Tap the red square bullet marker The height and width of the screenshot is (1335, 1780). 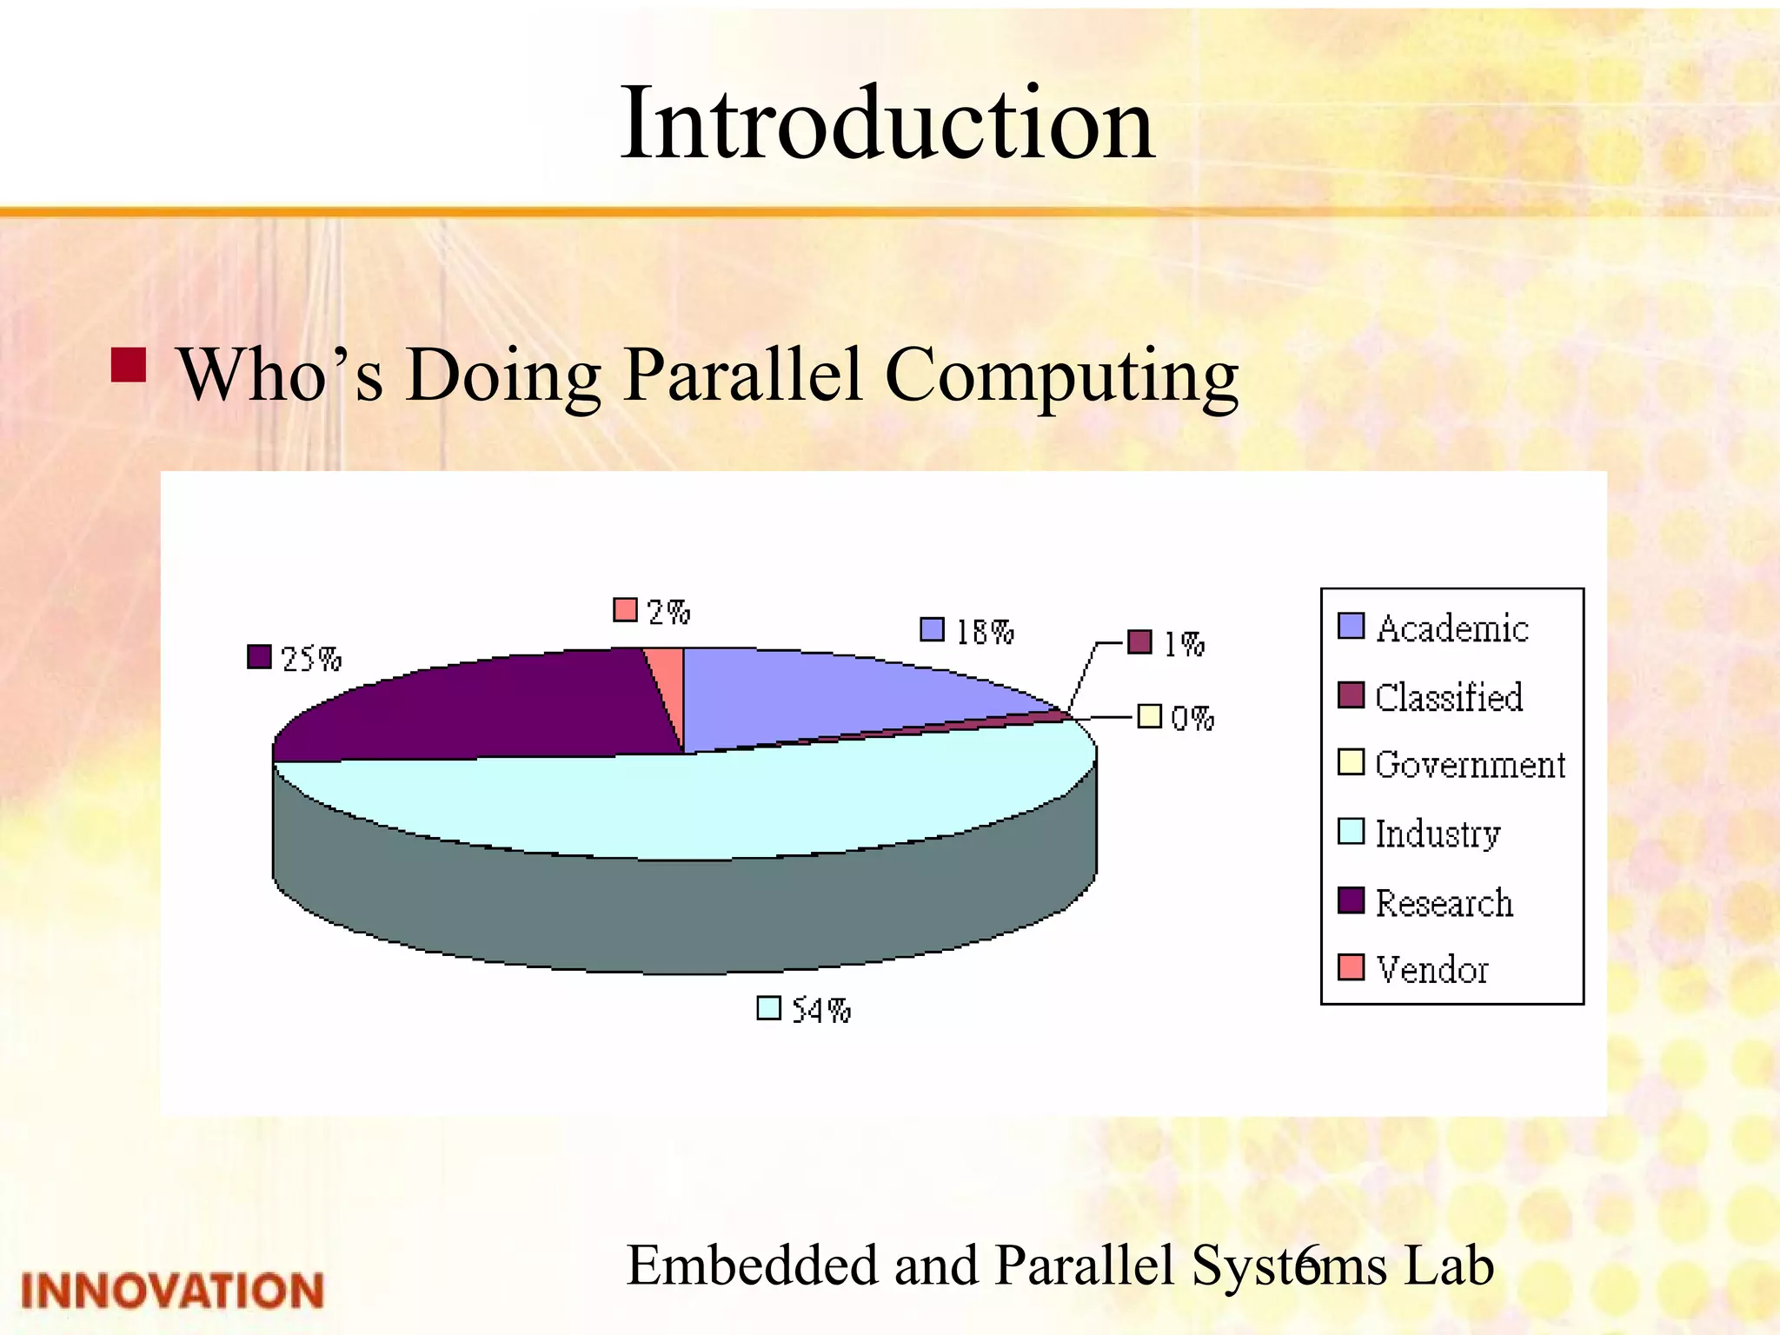click(129, 365)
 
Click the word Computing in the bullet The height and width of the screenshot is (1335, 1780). click(1062, 375)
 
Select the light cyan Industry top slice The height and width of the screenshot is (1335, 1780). click(695, 804)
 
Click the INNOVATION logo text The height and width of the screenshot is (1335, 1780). click(172, 1291)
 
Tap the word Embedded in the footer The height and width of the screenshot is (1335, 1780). click(753, 1265)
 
